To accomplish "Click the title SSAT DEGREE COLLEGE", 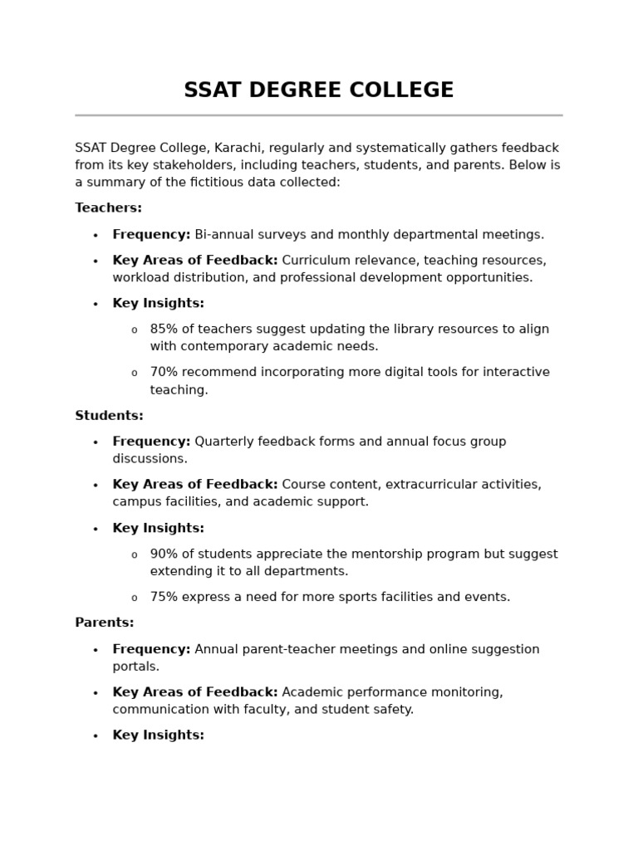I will [318, 90].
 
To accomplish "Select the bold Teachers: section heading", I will [108, 208].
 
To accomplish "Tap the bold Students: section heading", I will [109, 416].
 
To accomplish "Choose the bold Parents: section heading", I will [105, 623].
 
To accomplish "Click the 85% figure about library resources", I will [164, 330].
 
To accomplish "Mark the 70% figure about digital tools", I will [164, 373].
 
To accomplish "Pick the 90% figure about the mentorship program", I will [164, 554].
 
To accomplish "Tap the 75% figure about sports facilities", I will [164, 597].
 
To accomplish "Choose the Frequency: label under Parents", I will [151, 649].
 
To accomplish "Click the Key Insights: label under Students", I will [158, 528].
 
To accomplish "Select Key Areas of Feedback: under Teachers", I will [195, 261].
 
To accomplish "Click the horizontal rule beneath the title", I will [318, 115].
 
